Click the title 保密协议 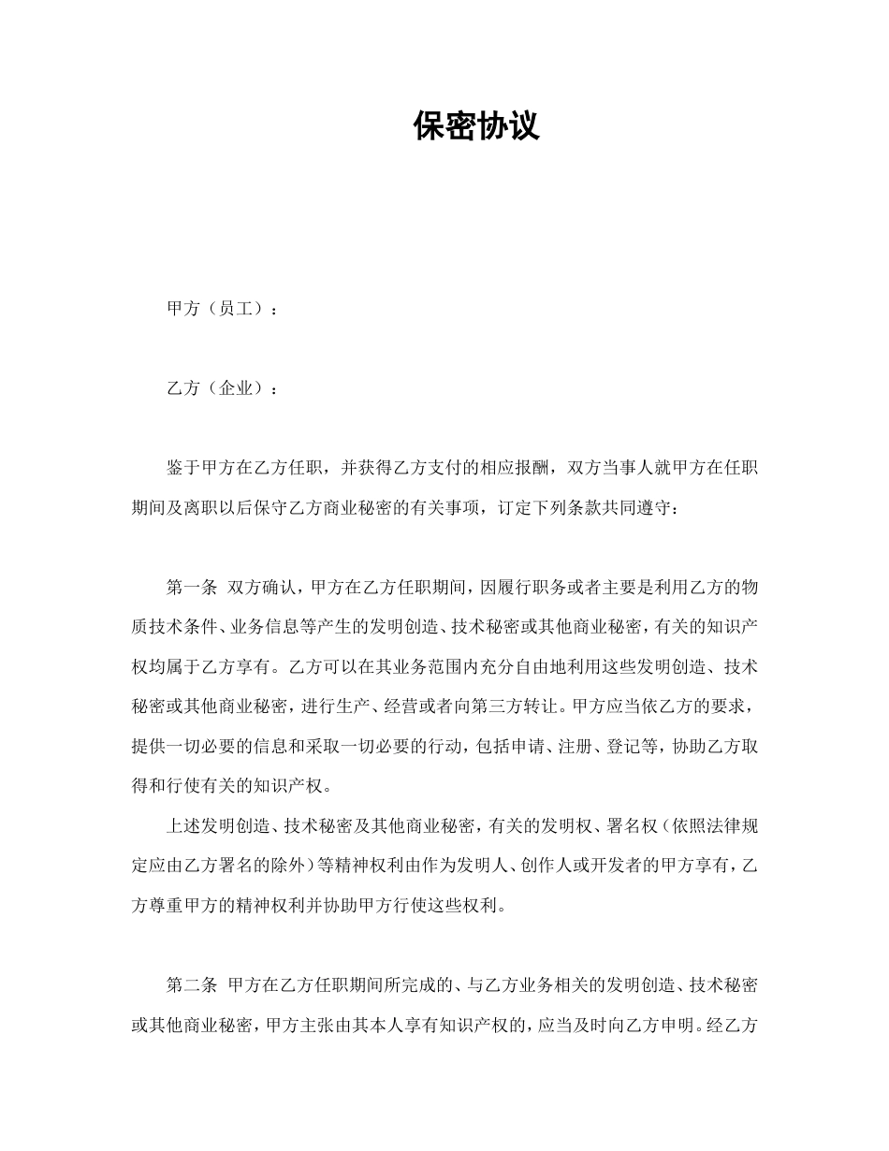(x=476, y=126)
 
